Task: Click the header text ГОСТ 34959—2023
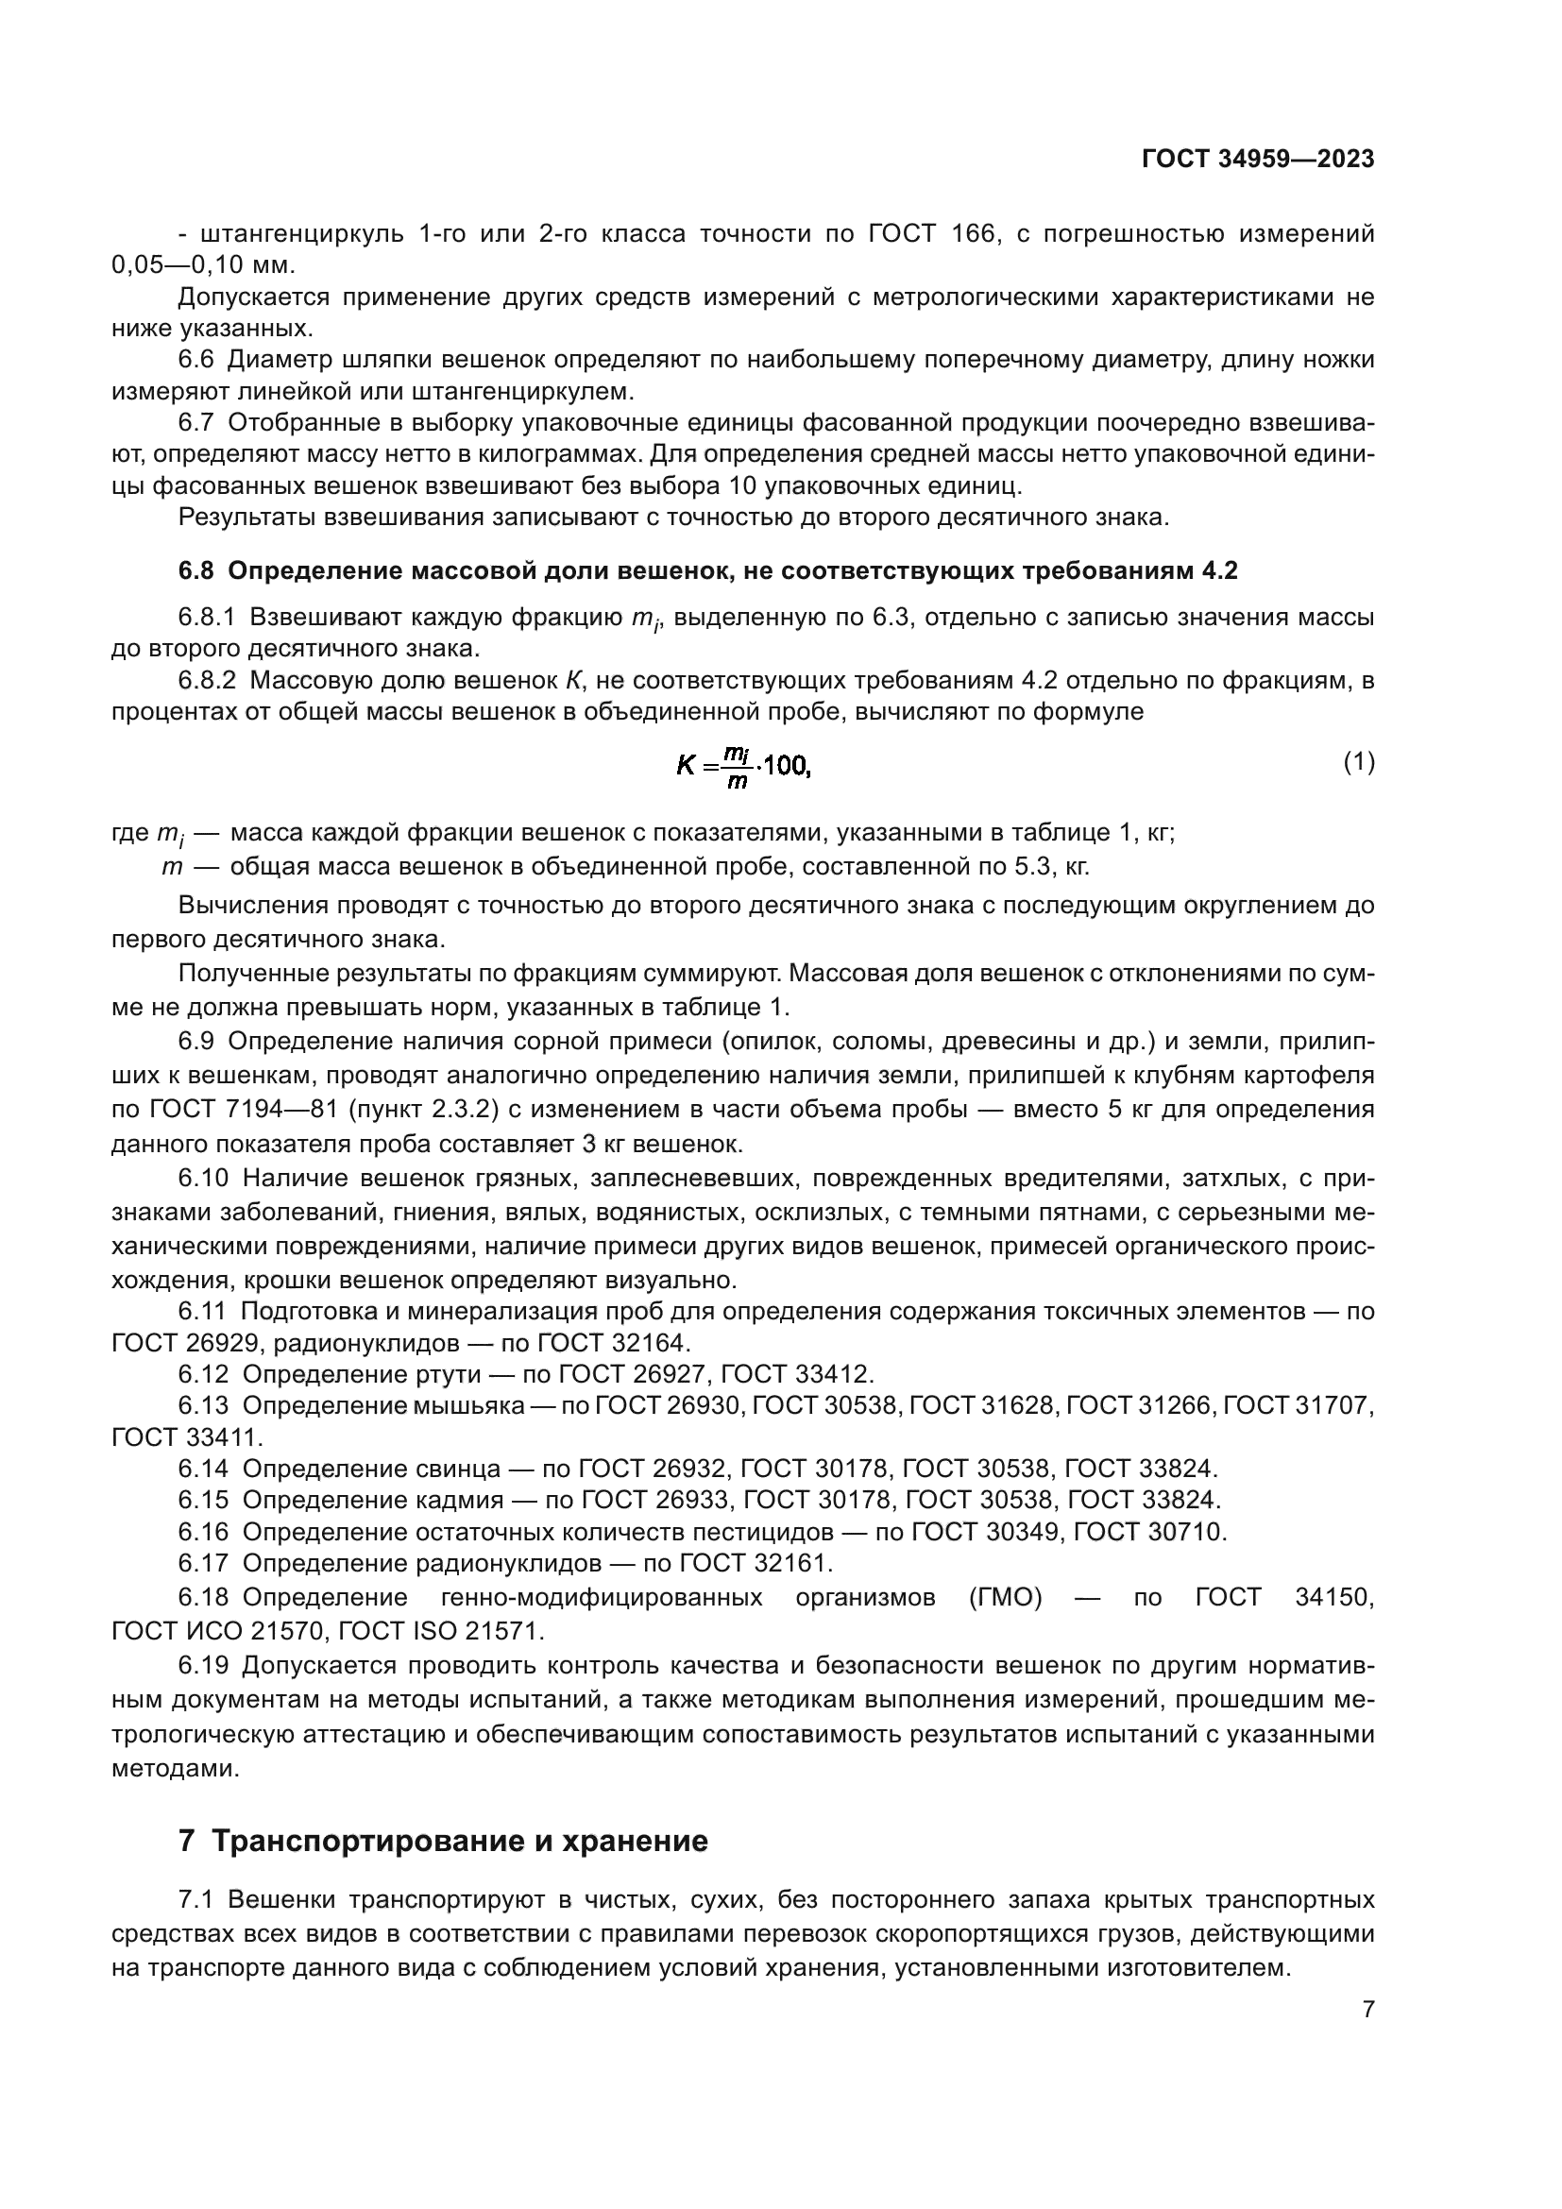(x=1257, y=159)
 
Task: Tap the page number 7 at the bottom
(x=1367, y=2009)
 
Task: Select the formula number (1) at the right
(x=1358, y=763)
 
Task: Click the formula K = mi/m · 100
(x=743, y=767)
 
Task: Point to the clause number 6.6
(x=196, y=361)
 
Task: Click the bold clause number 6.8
(x=196, y=571)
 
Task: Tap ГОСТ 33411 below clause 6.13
(x=186, y=1437)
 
